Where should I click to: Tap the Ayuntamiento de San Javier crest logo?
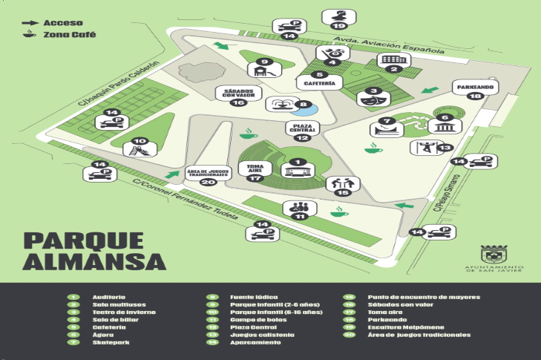pos(492,253)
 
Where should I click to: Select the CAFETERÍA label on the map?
pos(320,84)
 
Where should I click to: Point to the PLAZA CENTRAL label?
pos(301,127)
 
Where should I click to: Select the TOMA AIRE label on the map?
pos(255,168)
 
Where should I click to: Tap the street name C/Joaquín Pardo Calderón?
pos(119,83)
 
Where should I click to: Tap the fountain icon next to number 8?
pos(283,104)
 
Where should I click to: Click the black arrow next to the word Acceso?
pos(30,23)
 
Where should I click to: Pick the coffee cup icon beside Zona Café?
pos(30,35)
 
